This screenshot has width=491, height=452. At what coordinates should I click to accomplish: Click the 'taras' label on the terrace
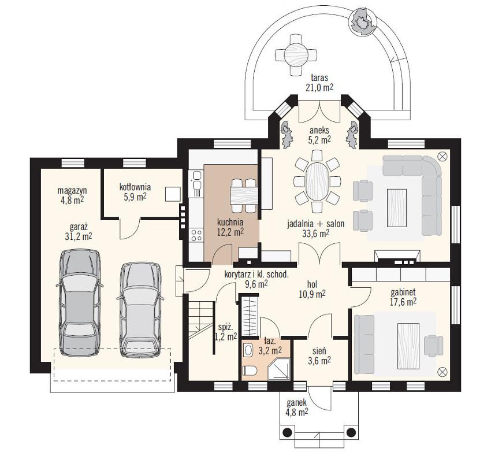319,77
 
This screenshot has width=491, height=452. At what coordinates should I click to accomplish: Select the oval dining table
317,181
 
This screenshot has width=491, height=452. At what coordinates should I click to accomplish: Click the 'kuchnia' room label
230,223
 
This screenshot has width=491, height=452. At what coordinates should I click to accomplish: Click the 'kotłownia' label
135,187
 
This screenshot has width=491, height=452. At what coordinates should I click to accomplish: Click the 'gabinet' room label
403,292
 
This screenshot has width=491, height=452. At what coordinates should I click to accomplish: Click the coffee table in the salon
397,208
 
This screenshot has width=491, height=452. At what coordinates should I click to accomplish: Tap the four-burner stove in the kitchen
196,235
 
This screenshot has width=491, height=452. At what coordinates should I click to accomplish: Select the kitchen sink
196,180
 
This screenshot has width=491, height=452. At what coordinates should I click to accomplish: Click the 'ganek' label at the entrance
296,403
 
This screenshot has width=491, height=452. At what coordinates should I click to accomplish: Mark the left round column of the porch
288,432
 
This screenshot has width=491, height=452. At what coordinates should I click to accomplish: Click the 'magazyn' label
72,190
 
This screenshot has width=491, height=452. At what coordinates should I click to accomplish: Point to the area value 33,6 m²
315,234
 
